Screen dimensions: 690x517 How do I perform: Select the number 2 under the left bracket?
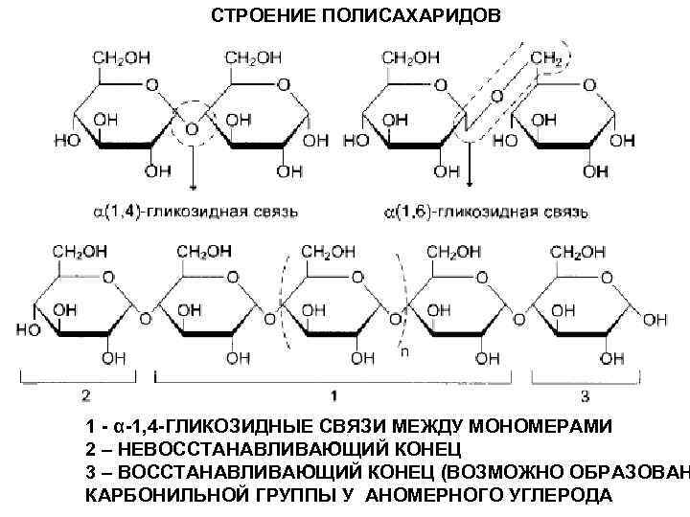tap(85, 395)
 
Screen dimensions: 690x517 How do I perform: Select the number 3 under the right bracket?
tap(586, 395)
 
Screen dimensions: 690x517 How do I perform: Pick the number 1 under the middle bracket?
tap(333, 395)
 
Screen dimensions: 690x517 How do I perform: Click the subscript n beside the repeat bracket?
tap(404, 351)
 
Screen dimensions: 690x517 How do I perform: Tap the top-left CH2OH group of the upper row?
tap(121, 57)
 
